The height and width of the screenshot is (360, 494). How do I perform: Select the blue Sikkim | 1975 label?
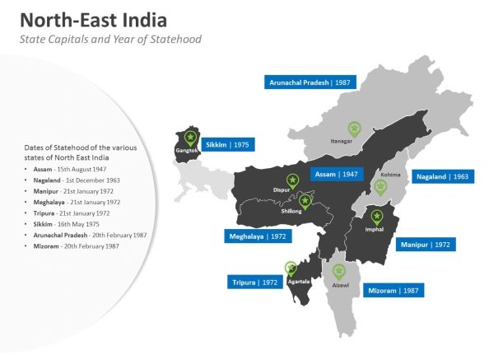pos(226,143)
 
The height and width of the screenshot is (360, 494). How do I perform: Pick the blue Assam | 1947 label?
pos(338,174)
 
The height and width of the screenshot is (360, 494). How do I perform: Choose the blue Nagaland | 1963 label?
pos(443,176)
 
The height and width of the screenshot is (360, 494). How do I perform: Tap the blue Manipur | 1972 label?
pos(426,245)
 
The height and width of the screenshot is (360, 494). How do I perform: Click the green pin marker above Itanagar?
pos(354,129)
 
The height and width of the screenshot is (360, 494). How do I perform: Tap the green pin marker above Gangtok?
pos(191,137)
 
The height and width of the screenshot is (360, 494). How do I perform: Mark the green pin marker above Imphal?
pos(377,217)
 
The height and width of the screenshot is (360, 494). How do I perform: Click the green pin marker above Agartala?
pos(291,268)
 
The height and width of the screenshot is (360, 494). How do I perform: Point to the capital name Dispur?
pos(282,190)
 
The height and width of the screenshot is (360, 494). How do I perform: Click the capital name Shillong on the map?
pos(292,211)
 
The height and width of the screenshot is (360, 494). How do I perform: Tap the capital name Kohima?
pos(391,175)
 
